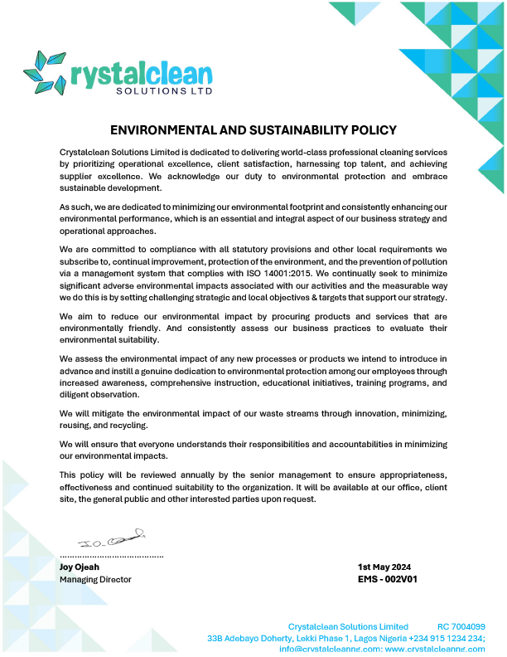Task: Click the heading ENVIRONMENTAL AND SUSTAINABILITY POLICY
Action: tap(254, 130)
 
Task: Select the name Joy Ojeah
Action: tap(80, 567)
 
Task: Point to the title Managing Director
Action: tap(95, 579)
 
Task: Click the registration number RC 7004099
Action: tap(461, 626)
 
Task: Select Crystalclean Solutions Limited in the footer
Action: tap(348, 626)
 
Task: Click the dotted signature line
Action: tap(112, 554)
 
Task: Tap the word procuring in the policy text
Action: tap(287, 316)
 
